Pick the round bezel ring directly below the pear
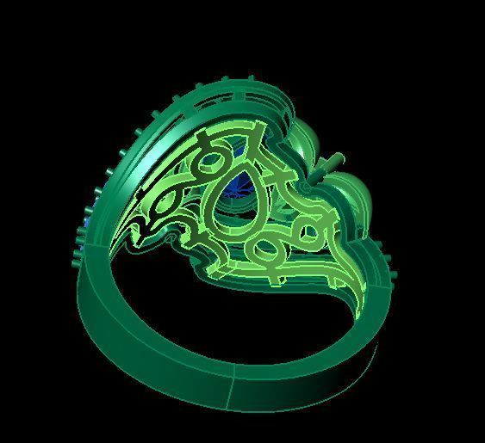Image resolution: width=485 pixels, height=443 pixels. (x=263, y=250)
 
